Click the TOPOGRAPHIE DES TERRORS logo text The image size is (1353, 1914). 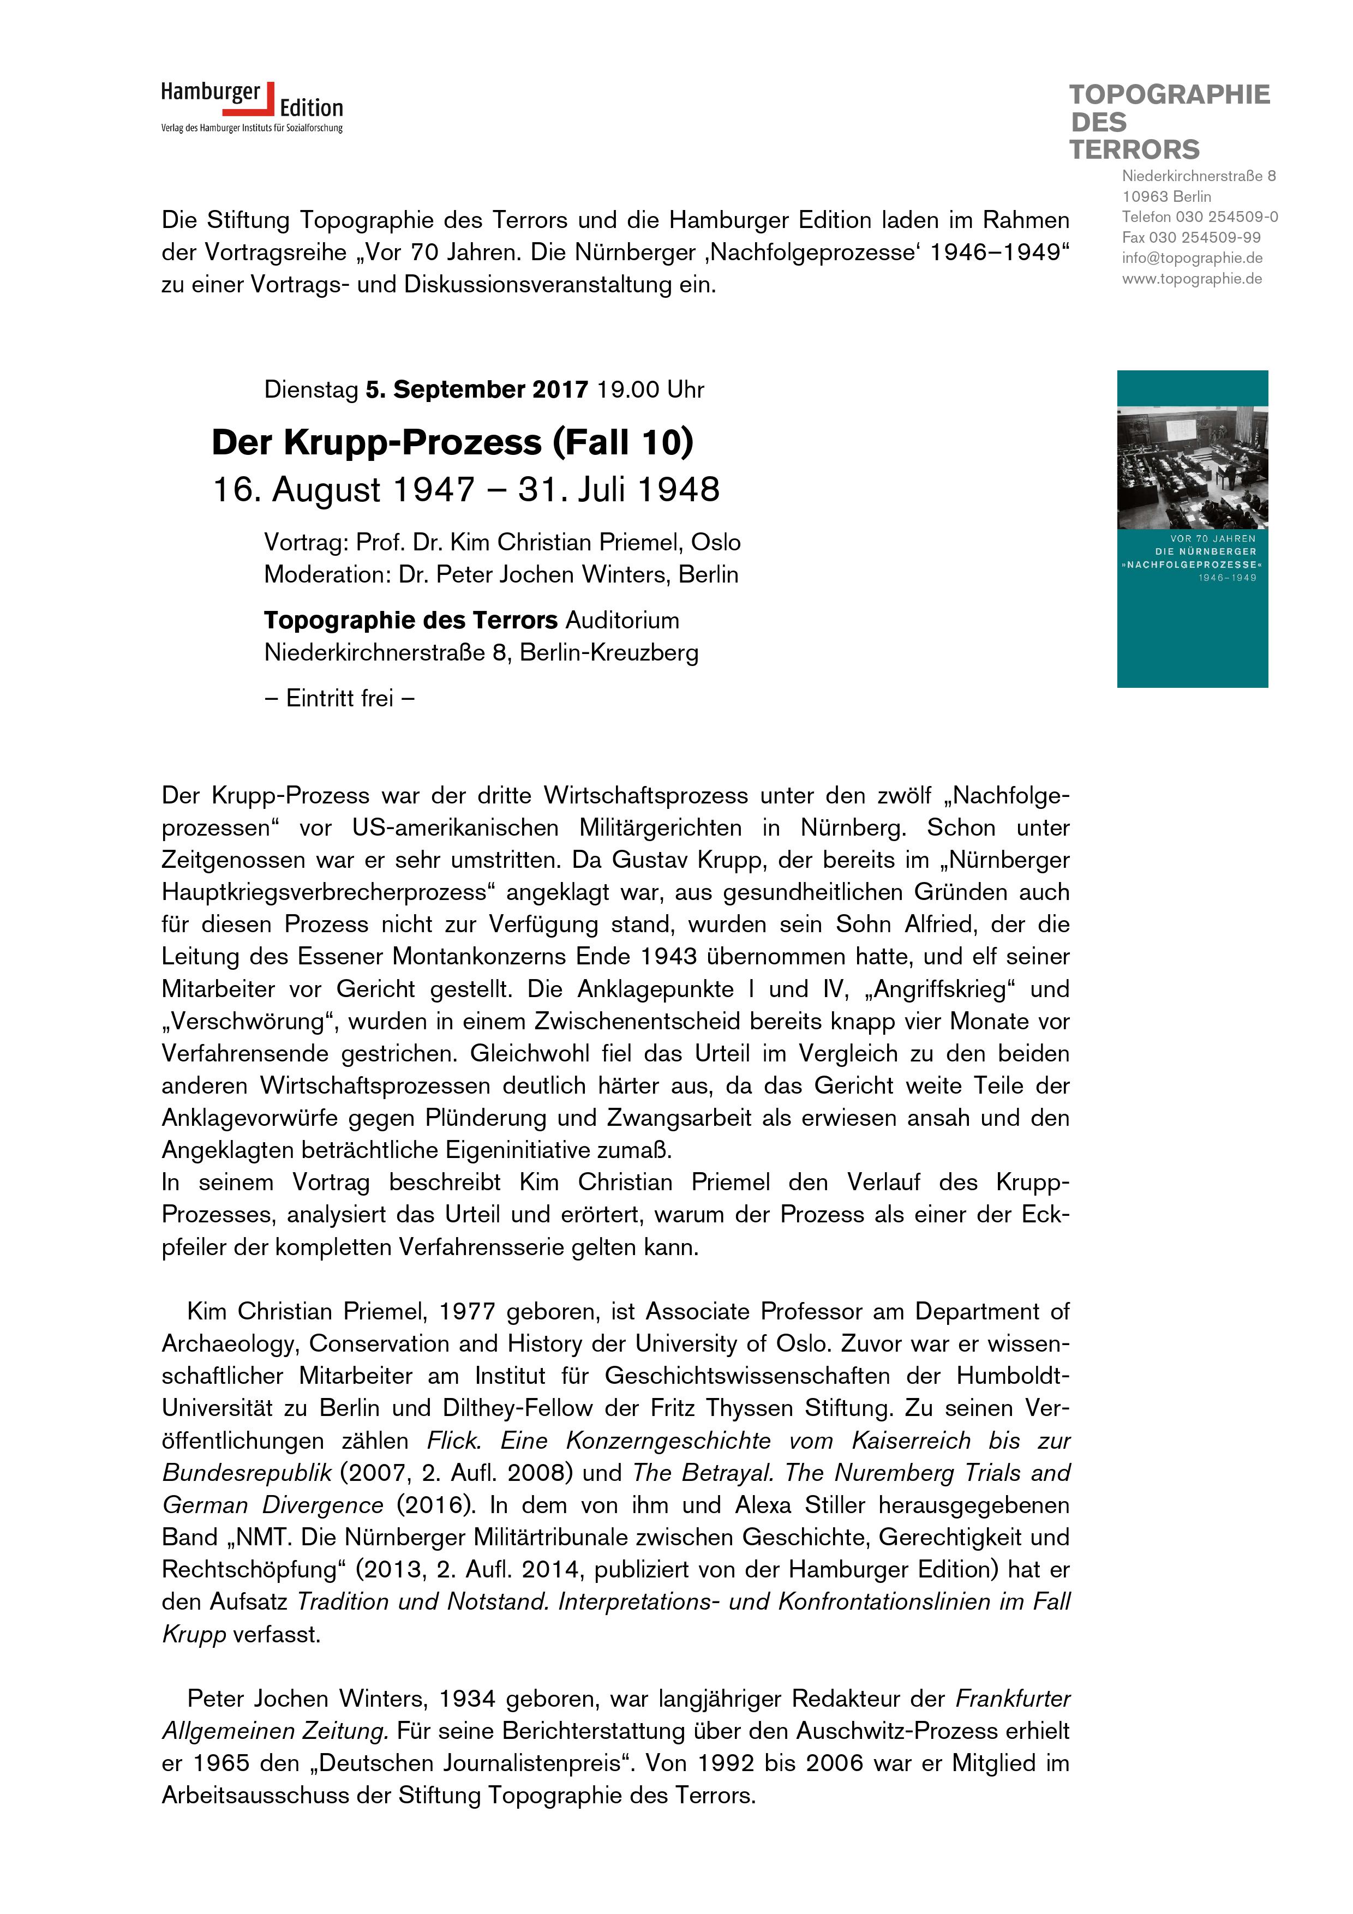click(1169, 122)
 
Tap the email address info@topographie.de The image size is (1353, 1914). click(1192, 259)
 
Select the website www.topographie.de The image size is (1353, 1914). click(1192, 279)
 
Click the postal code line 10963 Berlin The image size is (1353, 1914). click(1166, 197)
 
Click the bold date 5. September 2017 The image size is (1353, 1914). click(477, 389)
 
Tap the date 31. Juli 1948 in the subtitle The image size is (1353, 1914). click(618, 490)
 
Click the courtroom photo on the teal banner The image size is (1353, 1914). click(1192, 467)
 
